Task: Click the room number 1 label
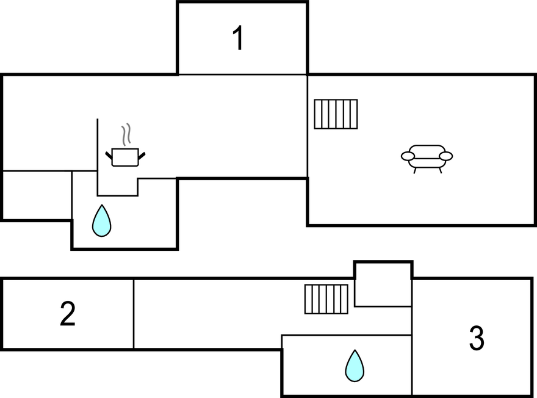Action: (x=239, y=38)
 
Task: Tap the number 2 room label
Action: (x=68, y=314)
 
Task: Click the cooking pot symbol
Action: (x=126, y=157)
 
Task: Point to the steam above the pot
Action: (x=126, y=134)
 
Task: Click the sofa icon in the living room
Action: (x=427, y=157)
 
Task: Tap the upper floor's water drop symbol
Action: (x=101, y=220)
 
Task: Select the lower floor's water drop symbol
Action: (x=354, y=366)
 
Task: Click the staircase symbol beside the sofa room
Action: (x=336, y=114)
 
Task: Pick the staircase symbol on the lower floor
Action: (x=326, y=299)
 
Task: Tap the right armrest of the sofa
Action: (x=446, y=156)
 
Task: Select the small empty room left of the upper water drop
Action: (x=37, y=195)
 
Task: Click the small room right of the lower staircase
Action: (x=383, y=284)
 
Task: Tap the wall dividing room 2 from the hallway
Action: (x=134, y=314)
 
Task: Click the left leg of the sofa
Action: (x=415, y=170)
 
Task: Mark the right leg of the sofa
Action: (x=439, y=170)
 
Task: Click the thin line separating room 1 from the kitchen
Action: (x=242, y=74)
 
